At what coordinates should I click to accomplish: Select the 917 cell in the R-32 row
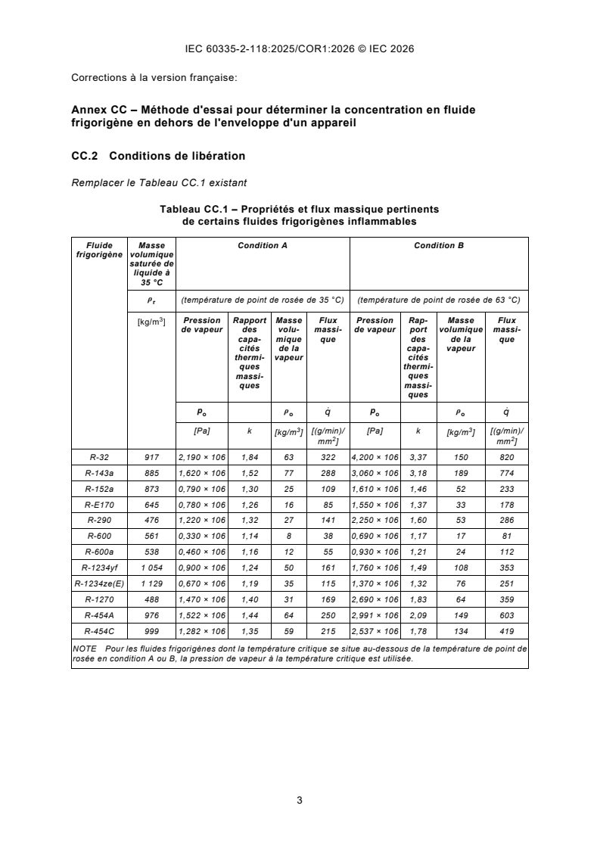(x=152, y=457)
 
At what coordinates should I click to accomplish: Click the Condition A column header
(x=263, y=245)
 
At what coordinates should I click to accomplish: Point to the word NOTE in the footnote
(x=83, y=649)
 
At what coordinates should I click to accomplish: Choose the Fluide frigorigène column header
(x=100, y=250)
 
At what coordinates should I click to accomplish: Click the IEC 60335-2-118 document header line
(x=300, y=50)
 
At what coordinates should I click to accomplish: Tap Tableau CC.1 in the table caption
(x=189, y=209)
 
